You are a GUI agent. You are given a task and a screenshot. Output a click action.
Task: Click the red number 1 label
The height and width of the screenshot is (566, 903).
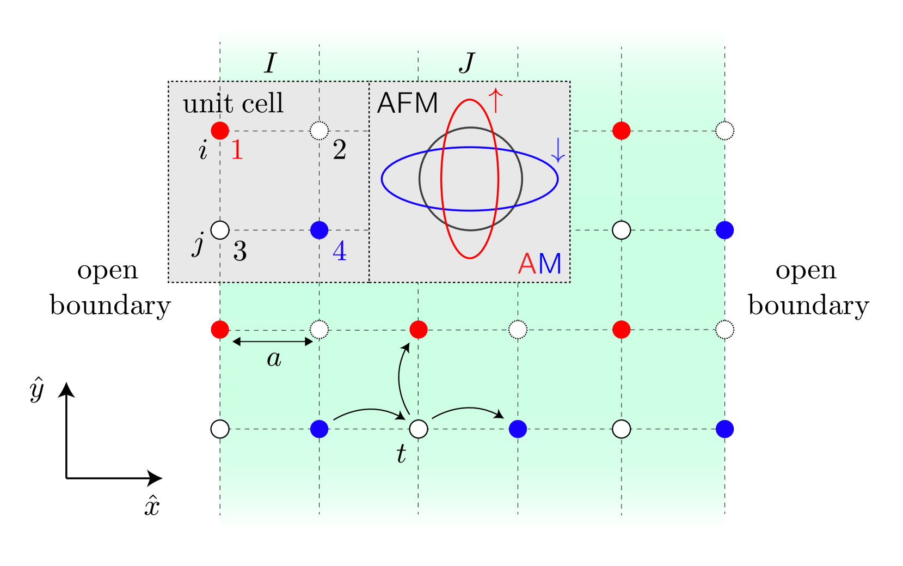pos(237,150)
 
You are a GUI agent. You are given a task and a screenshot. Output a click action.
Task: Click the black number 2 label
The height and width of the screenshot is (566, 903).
pos(339,150)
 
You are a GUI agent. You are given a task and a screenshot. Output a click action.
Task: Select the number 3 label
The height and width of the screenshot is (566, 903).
pos(239,251)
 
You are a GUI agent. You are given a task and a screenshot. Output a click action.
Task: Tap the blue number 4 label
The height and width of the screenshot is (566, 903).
pos(340,251)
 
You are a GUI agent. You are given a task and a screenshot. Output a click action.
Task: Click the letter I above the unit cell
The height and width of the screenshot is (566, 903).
pos(271,64)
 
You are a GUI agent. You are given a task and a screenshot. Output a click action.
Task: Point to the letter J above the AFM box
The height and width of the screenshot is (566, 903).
pos(467,63)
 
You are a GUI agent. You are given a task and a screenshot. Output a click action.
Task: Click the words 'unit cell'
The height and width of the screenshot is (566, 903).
pos(233,104)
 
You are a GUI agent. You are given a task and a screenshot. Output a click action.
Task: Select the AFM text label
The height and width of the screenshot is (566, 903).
pos(407,104)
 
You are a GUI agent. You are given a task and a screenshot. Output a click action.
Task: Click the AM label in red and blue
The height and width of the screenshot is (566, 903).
pos(539,264)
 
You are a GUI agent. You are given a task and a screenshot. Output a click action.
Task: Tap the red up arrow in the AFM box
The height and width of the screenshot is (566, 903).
pos(495,100)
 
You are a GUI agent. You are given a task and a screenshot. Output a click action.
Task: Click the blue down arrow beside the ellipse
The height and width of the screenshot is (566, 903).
pos(558,150)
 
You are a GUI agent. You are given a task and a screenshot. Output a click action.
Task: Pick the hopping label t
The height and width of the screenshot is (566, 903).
pos(401,454)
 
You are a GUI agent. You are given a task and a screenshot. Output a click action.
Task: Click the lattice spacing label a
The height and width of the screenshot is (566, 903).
pos(274,359)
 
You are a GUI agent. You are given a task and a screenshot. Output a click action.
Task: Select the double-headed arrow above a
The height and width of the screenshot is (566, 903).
pos(273,342)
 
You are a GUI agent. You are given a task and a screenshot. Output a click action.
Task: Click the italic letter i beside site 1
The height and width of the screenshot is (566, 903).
pos(203,150)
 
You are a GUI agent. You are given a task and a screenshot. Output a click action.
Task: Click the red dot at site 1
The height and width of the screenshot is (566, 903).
pos(220,131)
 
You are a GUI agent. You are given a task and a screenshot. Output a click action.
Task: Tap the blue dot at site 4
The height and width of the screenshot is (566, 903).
pos(319,230)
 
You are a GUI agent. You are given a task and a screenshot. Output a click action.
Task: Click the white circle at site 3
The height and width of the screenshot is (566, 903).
pos(220,230)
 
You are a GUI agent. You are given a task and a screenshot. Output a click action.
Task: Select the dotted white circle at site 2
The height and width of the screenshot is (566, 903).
pos(319,131)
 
